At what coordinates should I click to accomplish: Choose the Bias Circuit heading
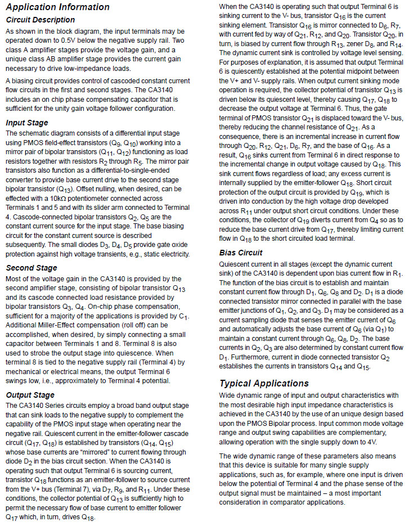[241, 253]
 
